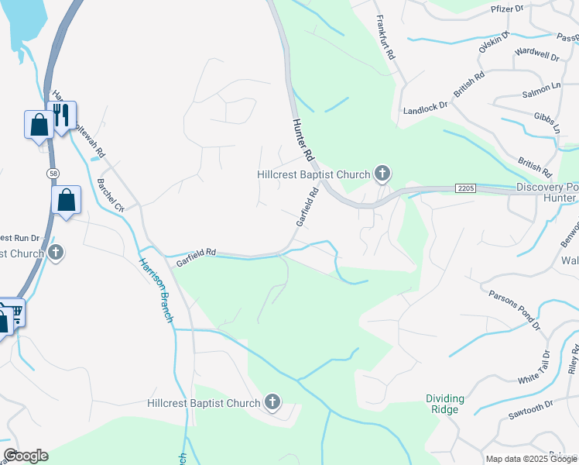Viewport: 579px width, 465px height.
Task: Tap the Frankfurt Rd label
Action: (x=385, y=38)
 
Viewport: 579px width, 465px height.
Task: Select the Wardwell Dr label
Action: (x=536, y=56)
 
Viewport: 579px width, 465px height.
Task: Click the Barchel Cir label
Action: (x=111, y=195)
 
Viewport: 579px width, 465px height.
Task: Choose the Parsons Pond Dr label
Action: (x=514, y=310)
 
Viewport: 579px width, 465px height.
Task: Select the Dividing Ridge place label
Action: (x=445, y=404)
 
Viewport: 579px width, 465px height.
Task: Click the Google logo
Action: (x=26, y=456)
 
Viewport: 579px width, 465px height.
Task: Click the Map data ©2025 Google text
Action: (x=531, y=459)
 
